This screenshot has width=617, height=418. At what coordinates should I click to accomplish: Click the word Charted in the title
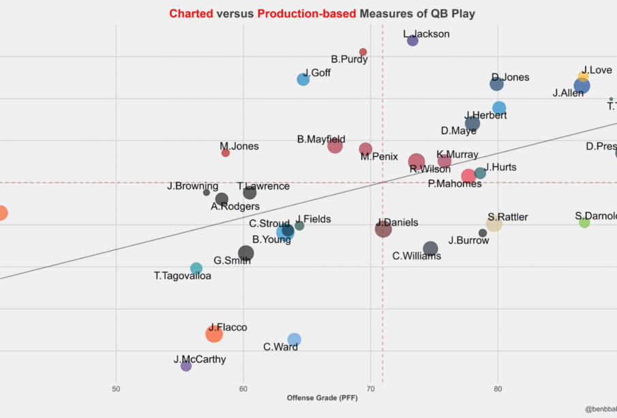point(191,14)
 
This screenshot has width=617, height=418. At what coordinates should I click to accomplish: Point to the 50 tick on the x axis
point(117,389)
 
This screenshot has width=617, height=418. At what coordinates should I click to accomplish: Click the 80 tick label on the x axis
point(498,389)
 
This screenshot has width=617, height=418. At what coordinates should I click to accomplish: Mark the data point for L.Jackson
point(412,41)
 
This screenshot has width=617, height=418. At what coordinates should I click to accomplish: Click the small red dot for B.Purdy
point(363,52)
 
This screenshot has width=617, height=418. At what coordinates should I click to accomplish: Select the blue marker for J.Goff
point(303,80)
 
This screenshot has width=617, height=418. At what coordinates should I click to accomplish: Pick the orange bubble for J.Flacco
point(214,333)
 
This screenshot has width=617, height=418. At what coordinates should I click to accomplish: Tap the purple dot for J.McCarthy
point(186,366)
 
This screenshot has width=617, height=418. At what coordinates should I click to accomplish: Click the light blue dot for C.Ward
point(295,340)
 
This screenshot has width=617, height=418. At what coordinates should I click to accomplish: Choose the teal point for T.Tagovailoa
point(196,269)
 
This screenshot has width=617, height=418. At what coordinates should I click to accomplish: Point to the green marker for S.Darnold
point(584,222)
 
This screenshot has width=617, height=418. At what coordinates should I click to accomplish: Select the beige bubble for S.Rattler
point(494,224)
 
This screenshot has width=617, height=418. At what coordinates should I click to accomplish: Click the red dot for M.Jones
point(226,153)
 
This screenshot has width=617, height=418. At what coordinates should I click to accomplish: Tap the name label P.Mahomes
point(455,183)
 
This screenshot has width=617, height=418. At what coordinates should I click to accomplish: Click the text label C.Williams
point(417,256)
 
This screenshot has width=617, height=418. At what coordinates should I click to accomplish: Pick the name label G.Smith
point(232,260)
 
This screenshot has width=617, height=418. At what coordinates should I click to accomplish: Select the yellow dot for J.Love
point(583,76)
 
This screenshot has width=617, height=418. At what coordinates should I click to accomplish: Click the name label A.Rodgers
point(235,207)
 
